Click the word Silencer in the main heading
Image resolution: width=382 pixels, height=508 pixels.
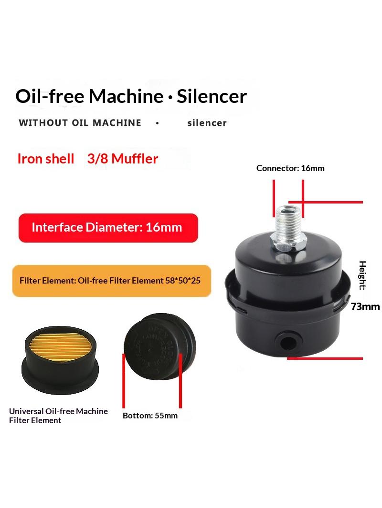click(x=212, y=96)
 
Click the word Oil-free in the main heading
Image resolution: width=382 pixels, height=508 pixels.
click(x=50, y=96)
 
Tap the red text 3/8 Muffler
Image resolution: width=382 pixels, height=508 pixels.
click(x=123, y=159)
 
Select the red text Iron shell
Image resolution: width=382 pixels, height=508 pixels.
click(x=46, y=159)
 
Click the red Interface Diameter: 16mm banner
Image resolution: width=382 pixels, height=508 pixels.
click(x=108, y=228)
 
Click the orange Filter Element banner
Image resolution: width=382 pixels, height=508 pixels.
click(x=112, y=281)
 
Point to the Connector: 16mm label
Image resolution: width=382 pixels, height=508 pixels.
click(x=290, y=168)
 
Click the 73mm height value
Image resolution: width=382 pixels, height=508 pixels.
click(x=365, y=306)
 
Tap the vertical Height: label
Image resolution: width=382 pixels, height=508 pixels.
click(x=363, y=275)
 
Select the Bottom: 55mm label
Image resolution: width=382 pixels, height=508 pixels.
click(x=150, y=416)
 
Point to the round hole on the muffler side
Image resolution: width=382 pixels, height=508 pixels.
click(x=288, y=342)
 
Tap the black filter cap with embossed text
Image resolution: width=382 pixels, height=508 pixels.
click(x=159, y=346)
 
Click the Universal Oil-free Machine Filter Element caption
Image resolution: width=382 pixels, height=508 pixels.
click(x=58, y=416)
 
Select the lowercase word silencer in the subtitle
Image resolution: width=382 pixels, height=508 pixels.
click(x=207, y=123)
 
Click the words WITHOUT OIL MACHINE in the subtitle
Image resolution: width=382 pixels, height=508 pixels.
click(x=80, y=123)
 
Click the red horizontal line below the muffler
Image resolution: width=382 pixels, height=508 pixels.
click(x=325, y=358)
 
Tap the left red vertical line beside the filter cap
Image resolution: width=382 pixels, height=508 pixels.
click(x=124, y=381)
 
